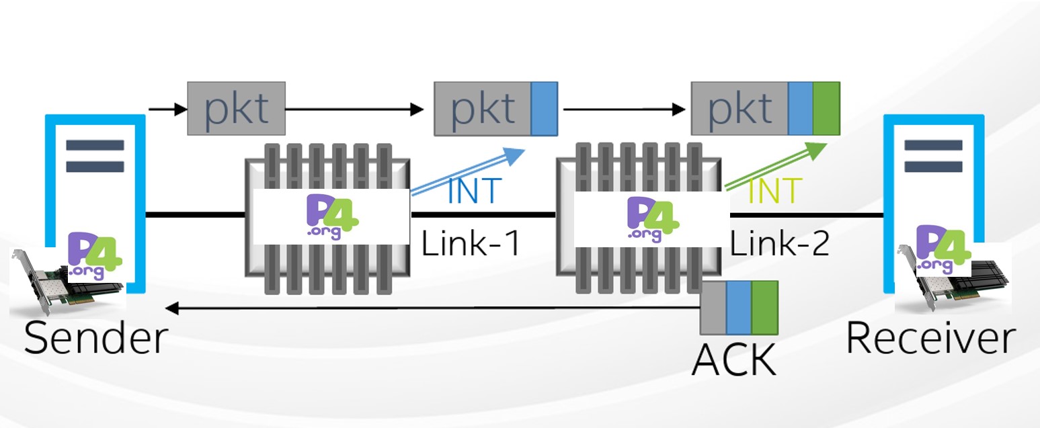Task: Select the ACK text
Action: [733, 359]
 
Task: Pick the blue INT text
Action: [475, 191]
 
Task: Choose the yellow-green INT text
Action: [775, 191]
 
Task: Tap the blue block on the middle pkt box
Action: [544, 108]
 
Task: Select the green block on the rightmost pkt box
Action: [826, 108]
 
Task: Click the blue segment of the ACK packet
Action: [739, 308]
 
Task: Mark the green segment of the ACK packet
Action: [764, 308]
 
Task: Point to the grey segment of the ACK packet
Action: [713, 308]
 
